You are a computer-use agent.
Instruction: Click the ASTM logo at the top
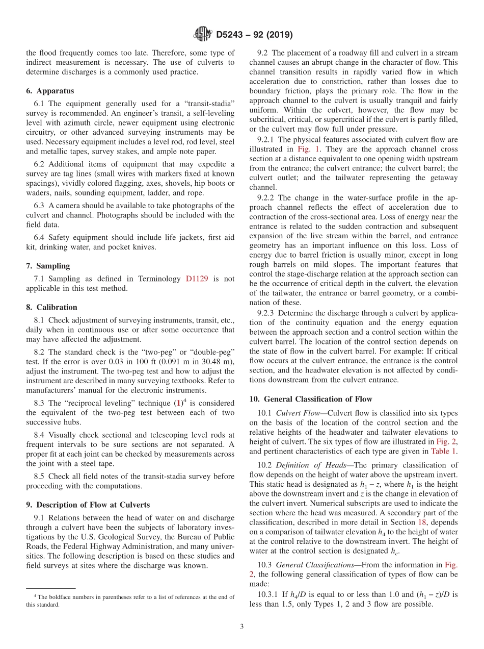click(x=203, y=34)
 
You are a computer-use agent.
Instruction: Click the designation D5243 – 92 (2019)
click(x=254, y=35)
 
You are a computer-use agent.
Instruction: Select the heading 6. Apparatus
click(x=50, y=91)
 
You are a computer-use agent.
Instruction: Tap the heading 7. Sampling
click(x=48, y=266)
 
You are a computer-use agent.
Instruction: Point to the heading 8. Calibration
click(x=51, y=307)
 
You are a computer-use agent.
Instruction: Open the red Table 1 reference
click(x=444, y=451)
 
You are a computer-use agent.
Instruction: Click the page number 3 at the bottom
click(x=242, y=627)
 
